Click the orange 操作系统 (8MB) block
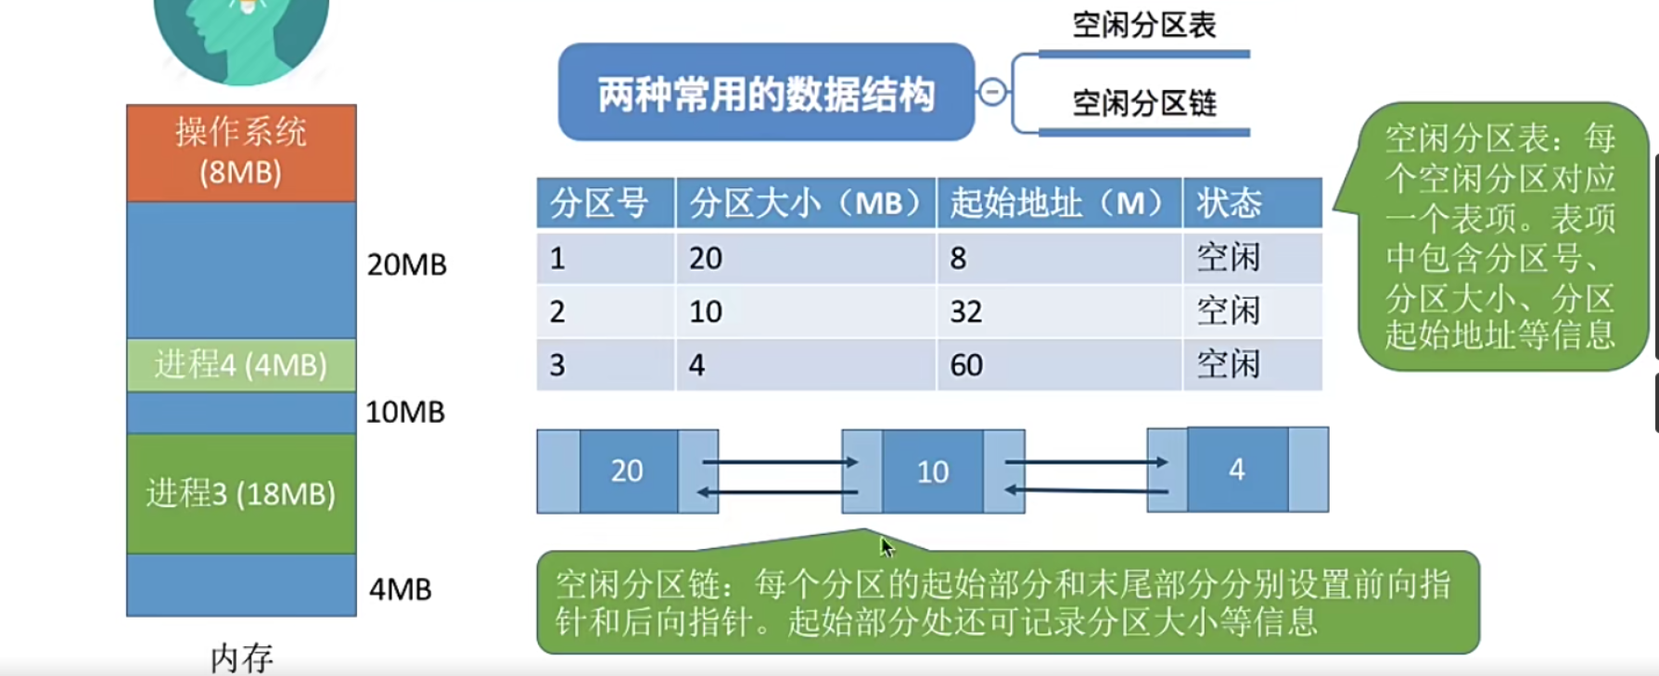click(x=241, y=153)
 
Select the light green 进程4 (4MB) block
click(x=241, y=364)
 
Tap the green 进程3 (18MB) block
click(x=241, y=493)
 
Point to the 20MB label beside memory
click(x=406, y=264)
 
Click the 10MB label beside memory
click(x=404, y=412)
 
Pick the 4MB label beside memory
click(x=400, y=589)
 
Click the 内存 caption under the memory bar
click(x=241, y=657)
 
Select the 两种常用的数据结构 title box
click(x=766, y=93)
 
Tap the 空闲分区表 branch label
click(x=1143, y=25)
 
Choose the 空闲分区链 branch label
click(x=1143, y=103)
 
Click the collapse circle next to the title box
click(x=991, y=93)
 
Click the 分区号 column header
click(x=600, y=202)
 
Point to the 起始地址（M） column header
click(x=1058, y=202)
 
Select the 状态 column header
click(x=1229, y=202)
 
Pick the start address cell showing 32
click(x=965, y=312)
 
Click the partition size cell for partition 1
click(x=706, y=258)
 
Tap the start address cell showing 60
click(x=965, y=365)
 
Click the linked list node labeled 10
click(x=933, y=471)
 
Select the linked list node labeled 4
click(x=1237, y=469)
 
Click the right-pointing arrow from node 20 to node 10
click(x=779, y=461)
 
